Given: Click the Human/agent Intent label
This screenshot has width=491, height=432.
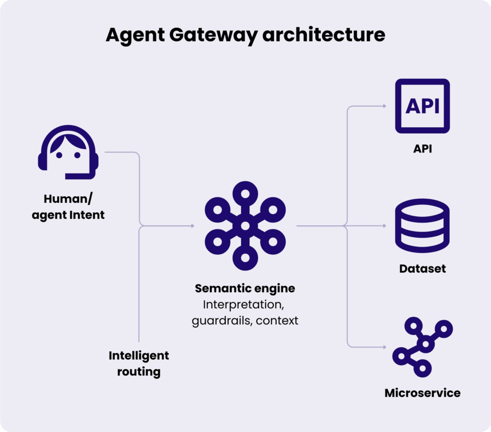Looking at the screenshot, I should [68, 206].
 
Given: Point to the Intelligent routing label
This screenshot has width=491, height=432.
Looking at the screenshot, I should [139, 363].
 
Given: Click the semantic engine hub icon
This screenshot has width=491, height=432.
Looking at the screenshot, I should [245, 225].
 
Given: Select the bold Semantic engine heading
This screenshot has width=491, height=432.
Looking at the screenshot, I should [245, 288].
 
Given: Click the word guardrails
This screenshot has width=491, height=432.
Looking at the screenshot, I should [222, 321].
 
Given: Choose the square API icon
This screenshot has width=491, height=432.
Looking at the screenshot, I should [422, 106].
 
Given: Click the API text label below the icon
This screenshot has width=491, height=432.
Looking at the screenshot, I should [422, 149].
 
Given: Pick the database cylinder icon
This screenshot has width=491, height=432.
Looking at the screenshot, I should [422, 226].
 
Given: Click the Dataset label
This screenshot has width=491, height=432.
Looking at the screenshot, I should [422, 268].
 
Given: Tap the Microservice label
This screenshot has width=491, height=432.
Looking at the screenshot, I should [422, 393].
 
